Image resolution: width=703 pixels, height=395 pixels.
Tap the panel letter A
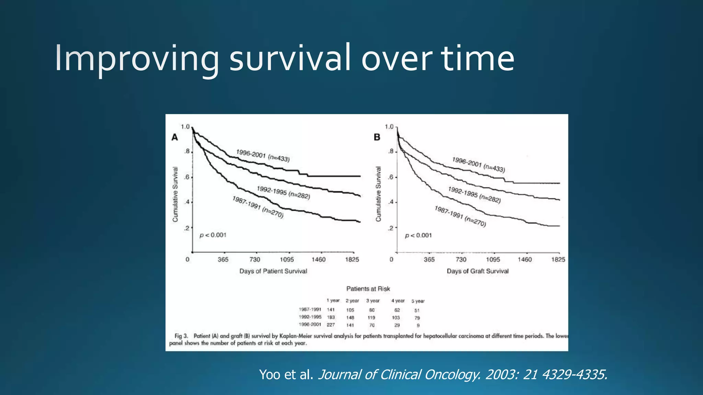pyautogui.click(x=175, y=137)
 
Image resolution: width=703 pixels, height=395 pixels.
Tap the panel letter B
pyautogui.click(x=377, y=137)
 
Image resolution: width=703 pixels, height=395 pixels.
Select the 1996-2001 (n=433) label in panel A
pyautogui.click(x=263, y=155)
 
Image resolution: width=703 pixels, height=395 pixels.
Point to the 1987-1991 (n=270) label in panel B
pyautogui.click(x=460, y=216)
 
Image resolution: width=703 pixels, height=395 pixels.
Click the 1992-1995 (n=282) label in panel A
pyautogui.click(x=284, y=192)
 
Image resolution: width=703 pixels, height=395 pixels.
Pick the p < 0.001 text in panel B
pyautogui.click(x=418, y=235)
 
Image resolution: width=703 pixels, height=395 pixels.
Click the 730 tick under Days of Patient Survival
pyautogui.click(x=255, y=260)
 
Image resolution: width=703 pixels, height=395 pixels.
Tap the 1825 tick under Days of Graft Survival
pyautogui.click(x=558, y=260)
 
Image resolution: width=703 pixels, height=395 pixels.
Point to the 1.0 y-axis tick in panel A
pyautogui.click(x=185, y=127)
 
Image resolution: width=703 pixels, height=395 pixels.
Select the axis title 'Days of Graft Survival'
pyautogui.click(x=477, y=271)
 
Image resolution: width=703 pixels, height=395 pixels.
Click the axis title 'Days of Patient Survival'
pyautogui.click(x=273, y=271)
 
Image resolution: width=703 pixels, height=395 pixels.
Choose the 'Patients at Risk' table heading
pyautogui.click(x=368, y=289)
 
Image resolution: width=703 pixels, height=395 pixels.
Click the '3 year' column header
pyautogui.click(x=373, y=301)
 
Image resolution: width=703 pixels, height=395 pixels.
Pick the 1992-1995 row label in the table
pyautogui.click(x=310, y=317)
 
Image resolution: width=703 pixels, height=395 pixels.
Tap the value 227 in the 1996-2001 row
pyautogui.click(x=331, y=325)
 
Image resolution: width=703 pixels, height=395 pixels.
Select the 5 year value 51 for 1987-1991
pyautogui.click(x=417, y=310)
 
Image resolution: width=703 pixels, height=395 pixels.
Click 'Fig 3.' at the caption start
pyautogui.click(x=181, y=336)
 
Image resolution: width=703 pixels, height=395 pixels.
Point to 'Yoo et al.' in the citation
pyautogui.click(x=286, y=374)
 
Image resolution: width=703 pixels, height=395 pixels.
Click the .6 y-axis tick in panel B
pyautogui.click(x=391, y=177)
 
